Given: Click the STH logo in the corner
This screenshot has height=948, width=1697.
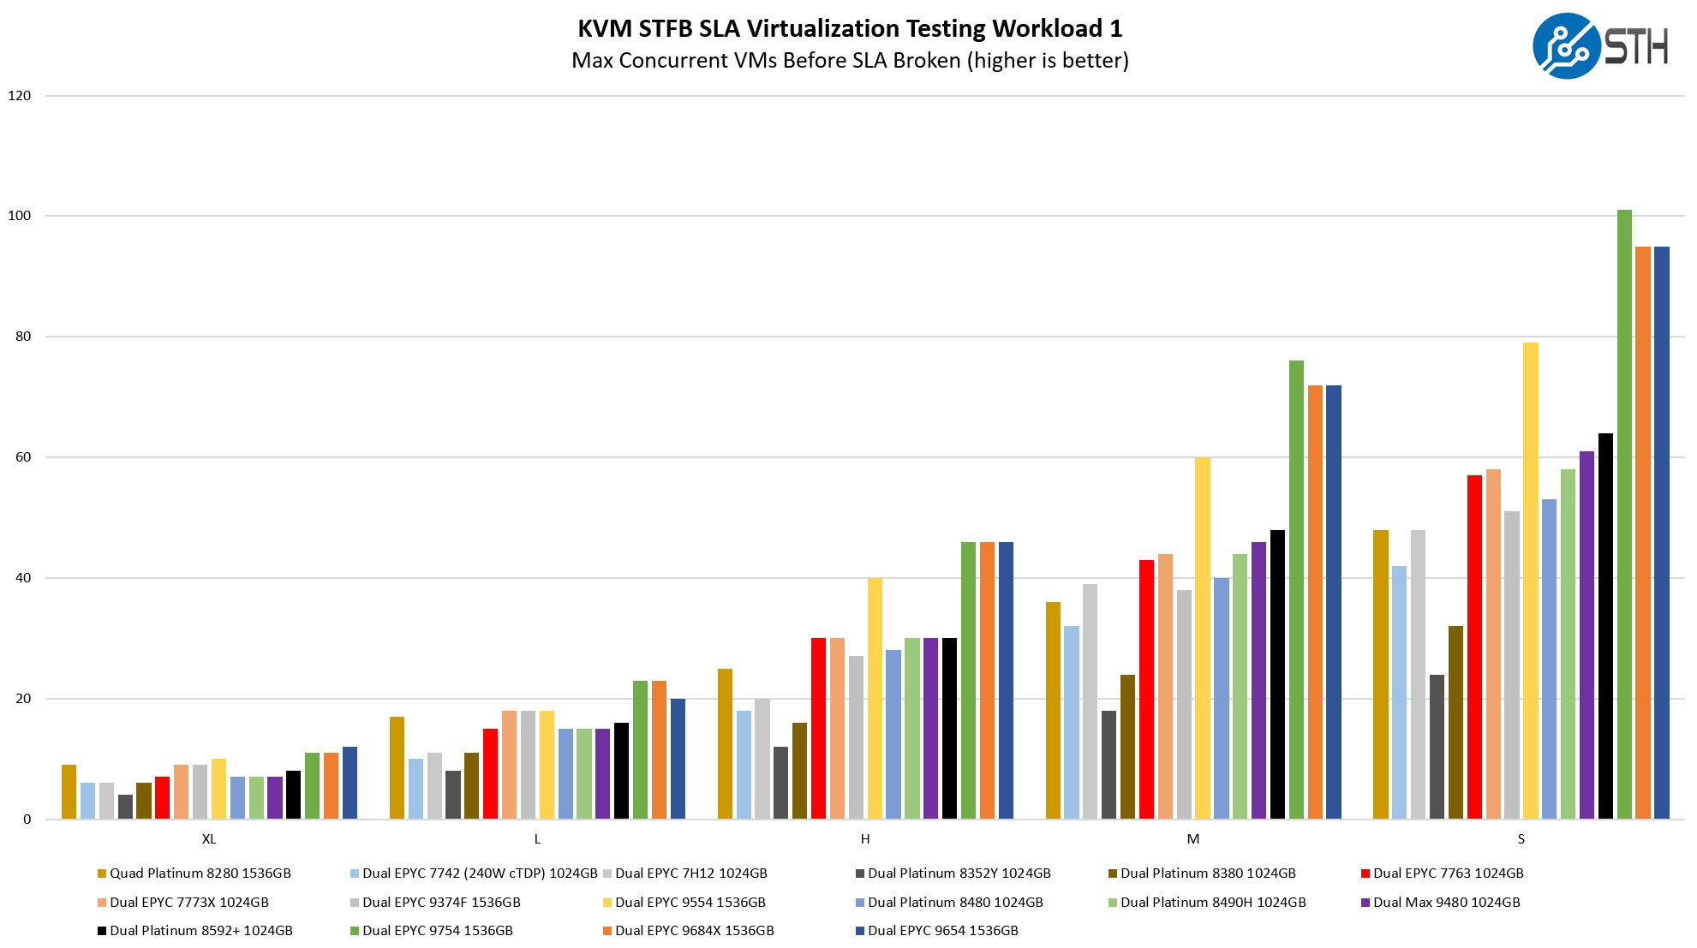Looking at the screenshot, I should (x=1598, y=46).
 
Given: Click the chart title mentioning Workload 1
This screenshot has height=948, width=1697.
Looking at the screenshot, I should (x=849, y=29).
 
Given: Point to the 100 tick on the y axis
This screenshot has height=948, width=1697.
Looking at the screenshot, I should (x=19, y=216).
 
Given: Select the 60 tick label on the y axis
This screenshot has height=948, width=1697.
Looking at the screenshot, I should (x=22, y=457).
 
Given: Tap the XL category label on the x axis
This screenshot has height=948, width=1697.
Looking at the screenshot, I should (x=209, y=839).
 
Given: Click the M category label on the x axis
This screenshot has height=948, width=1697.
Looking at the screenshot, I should (x=1192, y=839).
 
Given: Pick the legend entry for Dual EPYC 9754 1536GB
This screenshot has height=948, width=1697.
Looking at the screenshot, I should (x=437, y=931).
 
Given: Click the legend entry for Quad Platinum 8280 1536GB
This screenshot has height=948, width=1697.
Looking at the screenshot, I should (x=200, y=873).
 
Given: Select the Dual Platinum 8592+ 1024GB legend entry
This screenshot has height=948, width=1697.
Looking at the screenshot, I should (x=200, y=931).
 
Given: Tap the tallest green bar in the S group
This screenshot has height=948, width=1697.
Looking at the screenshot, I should (x=1624, y=514).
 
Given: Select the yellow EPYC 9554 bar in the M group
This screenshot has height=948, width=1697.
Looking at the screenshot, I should (x=1203, y=638).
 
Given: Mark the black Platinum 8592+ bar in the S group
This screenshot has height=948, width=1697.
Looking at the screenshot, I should (x=1605, y=626).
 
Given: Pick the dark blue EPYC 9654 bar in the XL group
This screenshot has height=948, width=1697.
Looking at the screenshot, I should (x=350, y=783).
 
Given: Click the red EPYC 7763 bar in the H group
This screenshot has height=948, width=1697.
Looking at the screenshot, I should (x=818, y=729).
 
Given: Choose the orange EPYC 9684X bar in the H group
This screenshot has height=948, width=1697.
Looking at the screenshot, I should (x=987, y=681).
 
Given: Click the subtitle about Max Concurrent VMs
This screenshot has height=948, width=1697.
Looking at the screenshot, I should (x=849, y=61).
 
